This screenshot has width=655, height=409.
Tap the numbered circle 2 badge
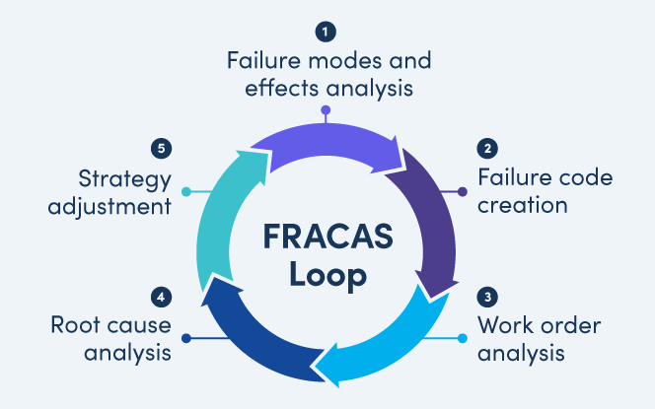(486, 150)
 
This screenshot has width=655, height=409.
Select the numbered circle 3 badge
(486, 297)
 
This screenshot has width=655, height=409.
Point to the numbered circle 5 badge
(164, 150)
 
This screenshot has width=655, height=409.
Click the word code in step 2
(580, 178)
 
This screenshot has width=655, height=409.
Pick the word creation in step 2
(522, 206)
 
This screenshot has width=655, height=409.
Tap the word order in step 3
(574, 325)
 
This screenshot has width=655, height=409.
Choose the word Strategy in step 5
(123, 178)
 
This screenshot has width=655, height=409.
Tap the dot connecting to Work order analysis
(464, 338)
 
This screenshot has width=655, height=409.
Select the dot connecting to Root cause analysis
(184, 338)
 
